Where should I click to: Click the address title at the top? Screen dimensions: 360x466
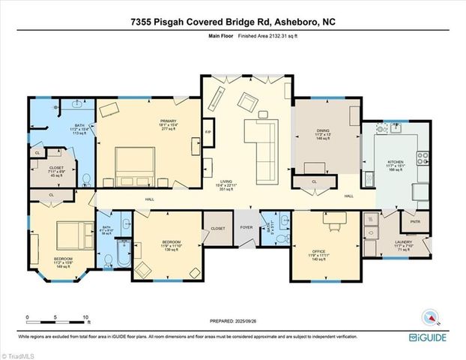click(x=232, y=22)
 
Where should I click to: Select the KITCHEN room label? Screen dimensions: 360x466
click(x=395, y=161)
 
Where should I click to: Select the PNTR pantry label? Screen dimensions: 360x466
click(x=414, y=223)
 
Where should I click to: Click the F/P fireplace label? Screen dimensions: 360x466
click(x=208, y=134)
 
